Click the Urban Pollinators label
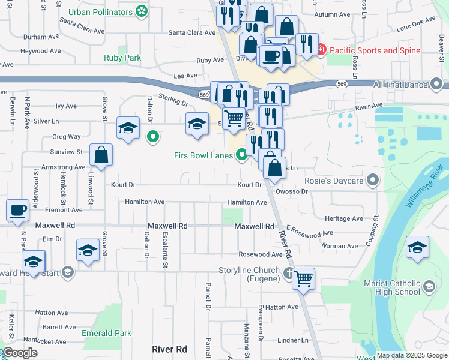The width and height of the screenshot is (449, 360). pyautogui.click(x=100, y=11)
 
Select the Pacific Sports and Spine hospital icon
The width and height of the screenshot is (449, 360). pyautogui.click(x=321, y=50)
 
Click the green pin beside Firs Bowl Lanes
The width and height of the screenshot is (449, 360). pyautogui.click(x=241, y=155)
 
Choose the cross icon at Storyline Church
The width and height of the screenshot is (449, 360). pyautogui.click(x=288, y=274)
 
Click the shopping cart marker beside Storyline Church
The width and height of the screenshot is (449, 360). pyautogui.click(x=303, y=278)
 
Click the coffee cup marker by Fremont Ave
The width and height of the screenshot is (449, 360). pyautogui.click(x=17, y=211)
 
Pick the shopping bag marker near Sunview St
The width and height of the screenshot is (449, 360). pyautogui.click(x=101, y=155)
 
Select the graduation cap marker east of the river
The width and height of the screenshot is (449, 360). pyautogui.click(x=417, y=248)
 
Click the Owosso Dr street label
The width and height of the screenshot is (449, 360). pyautogui.click(x=292, y=191)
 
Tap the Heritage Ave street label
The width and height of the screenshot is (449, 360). pyautogui.click(x=343, y=218)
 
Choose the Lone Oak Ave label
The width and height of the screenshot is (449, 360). pyautogui.click(x=415, y=24)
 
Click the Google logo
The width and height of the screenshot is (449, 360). pyautogui.click(x=19, y=353)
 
